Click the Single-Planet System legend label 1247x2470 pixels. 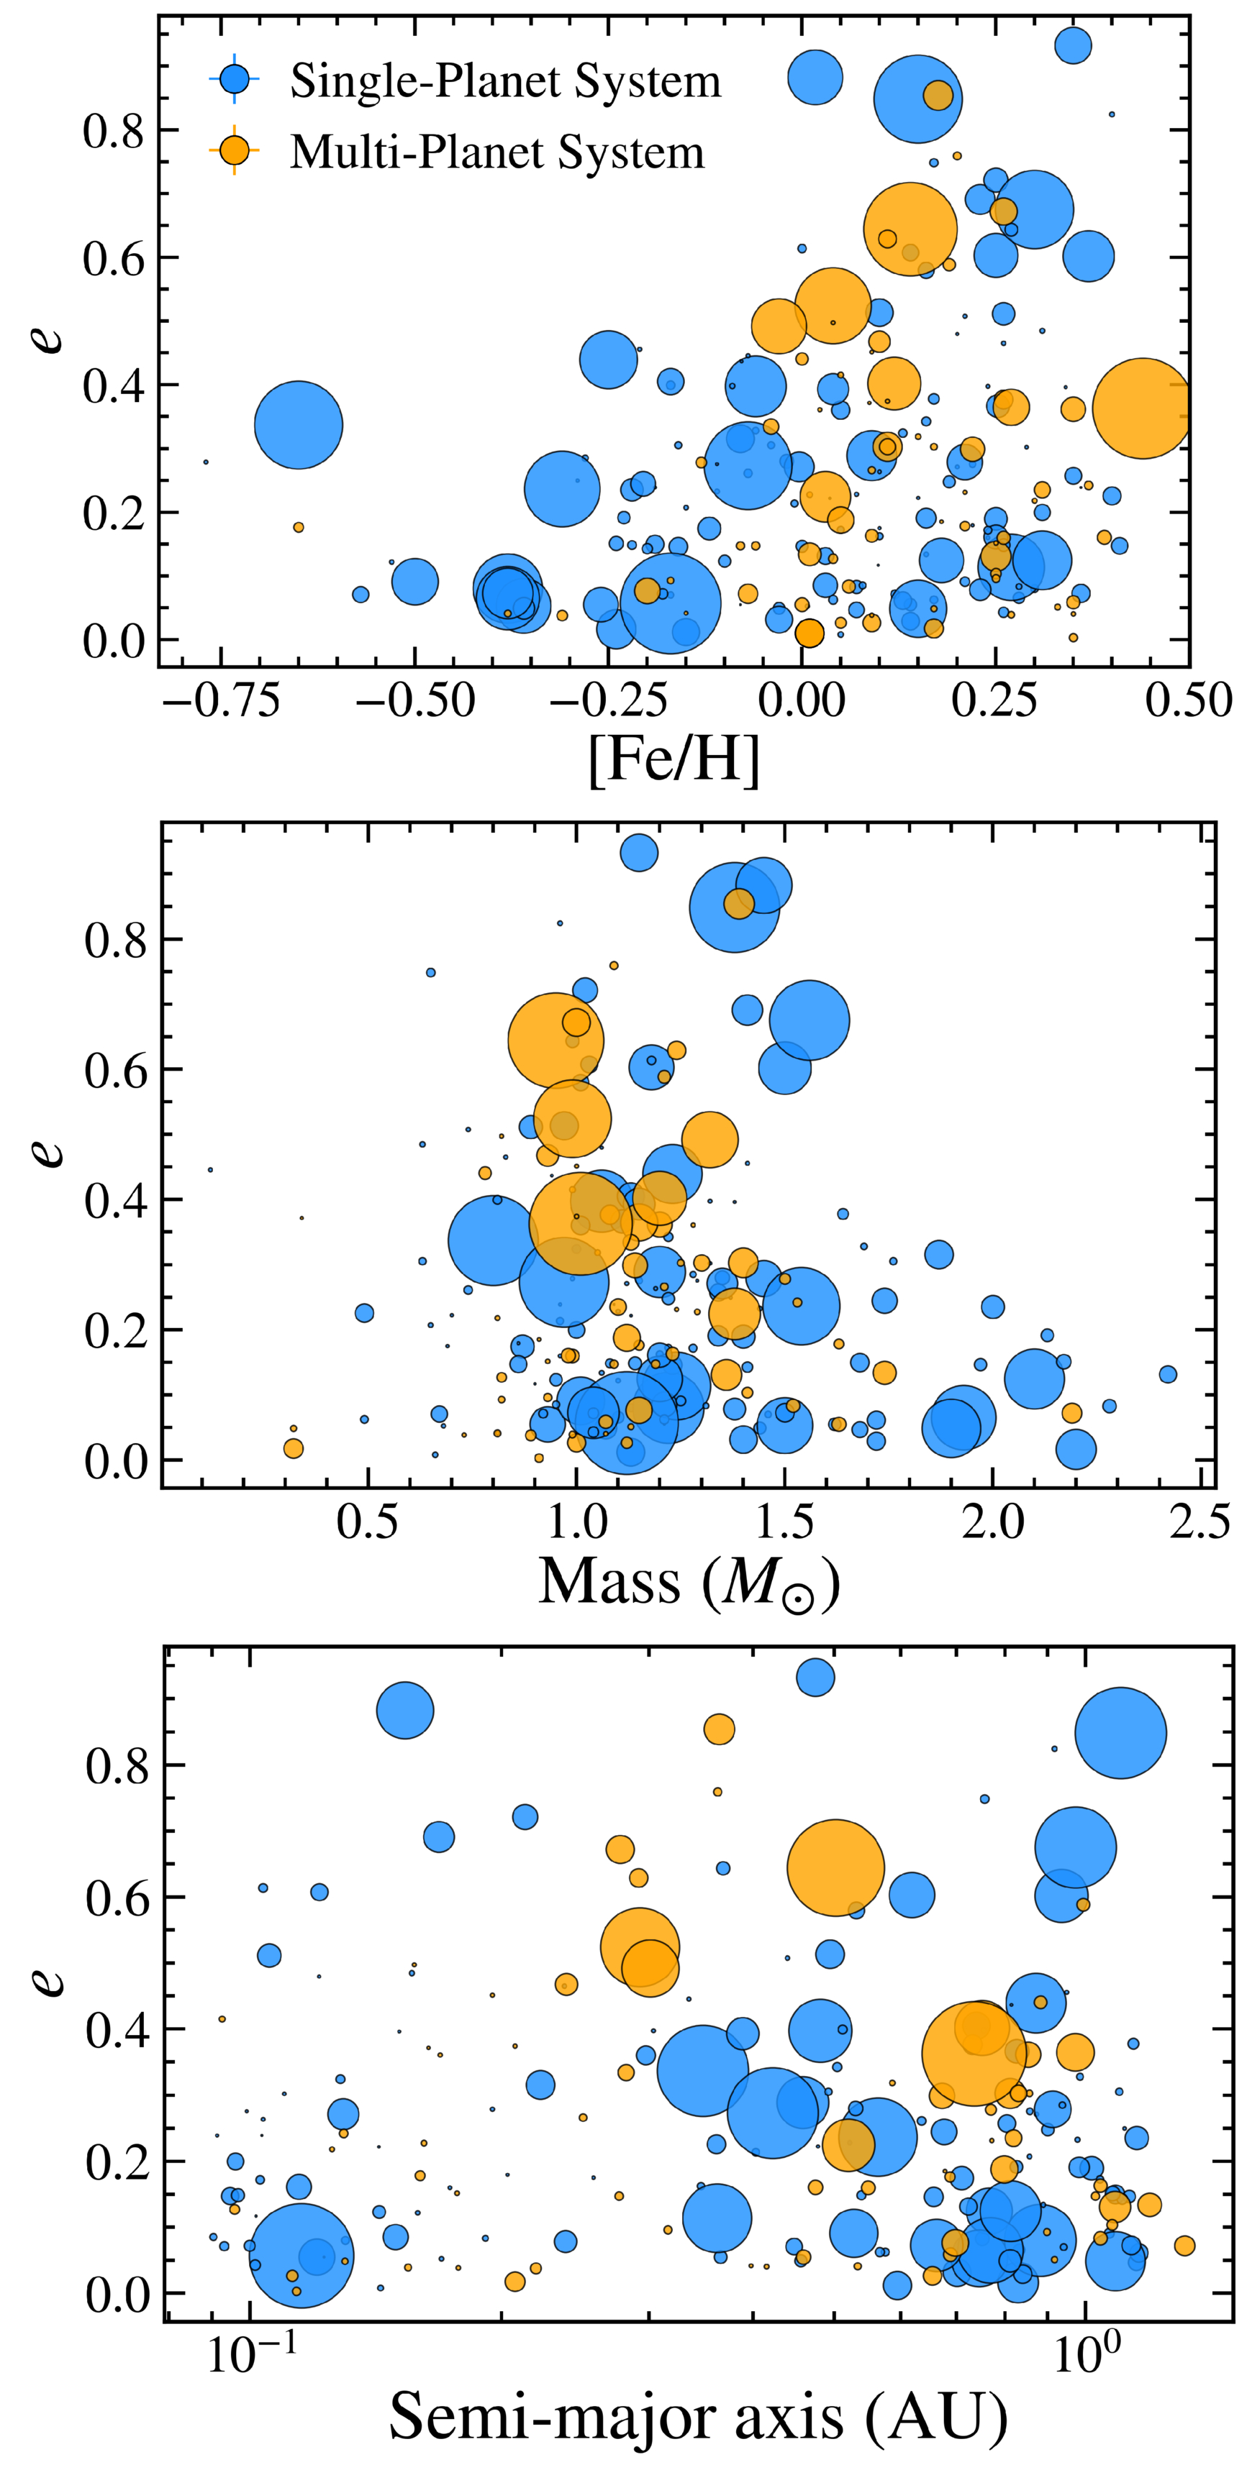tap(506, 81)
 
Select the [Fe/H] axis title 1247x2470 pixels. tap(674, 760)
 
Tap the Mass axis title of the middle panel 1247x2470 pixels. tap(689, 1581)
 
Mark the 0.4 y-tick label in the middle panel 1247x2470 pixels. tap(116, 1200)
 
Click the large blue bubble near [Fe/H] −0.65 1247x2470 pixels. tap(299, 425)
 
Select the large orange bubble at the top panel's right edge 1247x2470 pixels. tap(1141, 408)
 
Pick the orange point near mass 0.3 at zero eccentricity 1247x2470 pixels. tap(294, 1449)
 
